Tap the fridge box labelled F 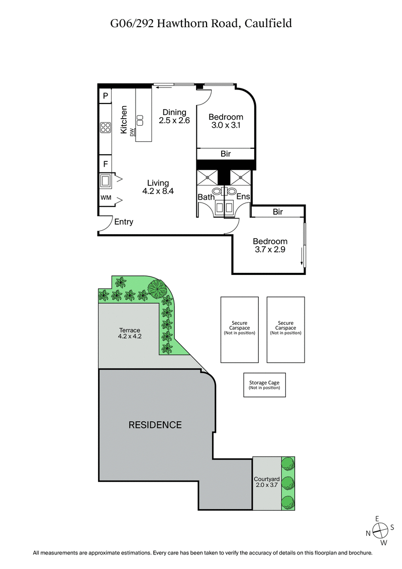[x=106, y=163]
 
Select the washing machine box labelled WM [x=106, y=198]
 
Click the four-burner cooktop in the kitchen [x=106, y=127]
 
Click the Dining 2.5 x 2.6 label [x=174, y=116]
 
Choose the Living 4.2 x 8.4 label [x=158, y=186]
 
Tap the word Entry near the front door [x=124, y=222]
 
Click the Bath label [x=206, y=197]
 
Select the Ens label [x=243, y=197]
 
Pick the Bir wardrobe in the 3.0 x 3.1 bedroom [x=226, y=154]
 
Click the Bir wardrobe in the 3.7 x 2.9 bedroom [x=278, y=212]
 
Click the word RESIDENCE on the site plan [x=155, y=425]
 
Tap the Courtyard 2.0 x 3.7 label [x=266, y=483]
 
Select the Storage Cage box [x=264, y=385]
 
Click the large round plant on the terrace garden [x=157, y=289]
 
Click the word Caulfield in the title [x=269, y=23]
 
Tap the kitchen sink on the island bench [x=140, y=120]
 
